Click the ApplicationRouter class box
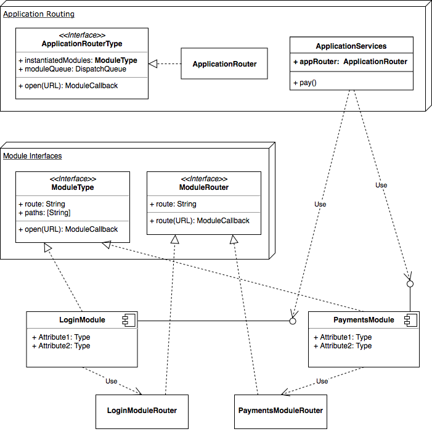pyautogui.click(x=224, y=63)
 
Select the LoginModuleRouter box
pyautogui.click(x=142, y=411)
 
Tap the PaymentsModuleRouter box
pyautogui.click(x=280, y=411)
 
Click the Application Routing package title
pyautogui.click(x=39, y=14)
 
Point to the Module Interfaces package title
pyautogui.click(x=33, y=156)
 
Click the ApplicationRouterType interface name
pyautogui.click(x=82, y=44)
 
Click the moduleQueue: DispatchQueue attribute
pyautogui.click(x=72, y=69)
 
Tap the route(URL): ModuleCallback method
pyautogui.click(x=199, y=221)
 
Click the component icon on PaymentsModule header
pyautogui.click(x=410, y=320)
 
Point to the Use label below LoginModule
pyautogui.click(x=112, y=381)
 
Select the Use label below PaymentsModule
pyautogui.click(x=322, y=381)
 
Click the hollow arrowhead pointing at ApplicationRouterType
pyautogui.click(x=153, y=63)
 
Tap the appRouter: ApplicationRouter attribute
pyautogui.click(x=351, y=62)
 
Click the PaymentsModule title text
pyautogui.click(x=364, y=320)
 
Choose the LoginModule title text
pyautogui.click(x=82, y=320)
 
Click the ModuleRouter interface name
pyautogui.click(x=204, y=187)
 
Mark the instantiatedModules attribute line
pyautogui.click(x=78, y=60)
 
